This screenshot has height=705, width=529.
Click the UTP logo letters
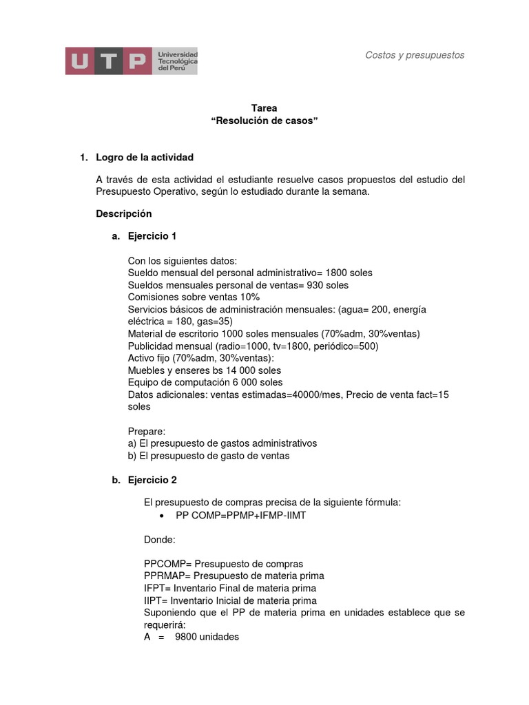click(107, 61)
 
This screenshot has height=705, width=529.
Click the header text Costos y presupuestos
click(415, 55)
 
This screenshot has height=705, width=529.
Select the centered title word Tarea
click(264, 108)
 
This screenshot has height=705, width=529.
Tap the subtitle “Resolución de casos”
click(264, 120)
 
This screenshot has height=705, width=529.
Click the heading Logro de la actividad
click(145, 158)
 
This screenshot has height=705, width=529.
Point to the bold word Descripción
click(124, 213)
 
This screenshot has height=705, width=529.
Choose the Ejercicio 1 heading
click(152, 236)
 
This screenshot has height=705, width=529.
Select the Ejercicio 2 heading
click(152, 480)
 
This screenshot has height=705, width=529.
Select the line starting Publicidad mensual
click(253, 346)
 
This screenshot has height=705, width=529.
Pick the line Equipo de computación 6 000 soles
click(205, 382)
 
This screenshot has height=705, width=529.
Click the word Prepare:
click(147, 431)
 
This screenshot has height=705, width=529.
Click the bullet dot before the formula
click(161, 516)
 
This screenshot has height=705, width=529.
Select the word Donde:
click(160, 540)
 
